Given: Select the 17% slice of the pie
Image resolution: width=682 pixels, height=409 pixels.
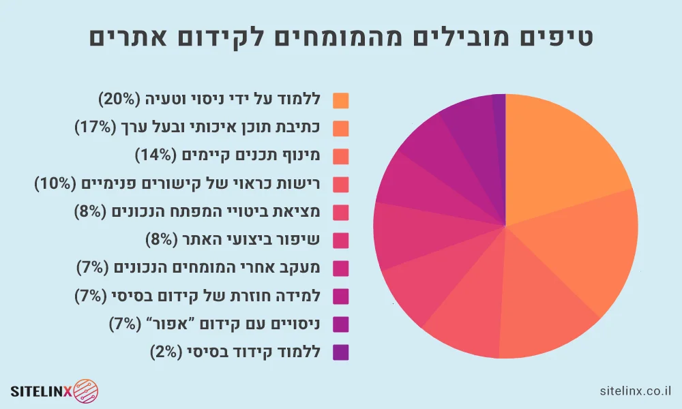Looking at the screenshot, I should pyautogui.click(x=580, y=252).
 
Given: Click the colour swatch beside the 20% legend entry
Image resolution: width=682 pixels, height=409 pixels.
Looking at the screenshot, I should pyautogui.click(x=341, y=100).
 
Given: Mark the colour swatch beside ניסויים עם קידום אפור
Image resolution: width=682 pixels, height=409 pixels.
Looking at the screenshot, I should pyautogui.click(x=341, y=324).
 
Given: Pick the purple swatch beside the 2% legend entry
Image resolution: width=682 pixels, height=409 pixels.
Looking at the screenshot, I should pyautogui.click(x=341, y=352).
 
